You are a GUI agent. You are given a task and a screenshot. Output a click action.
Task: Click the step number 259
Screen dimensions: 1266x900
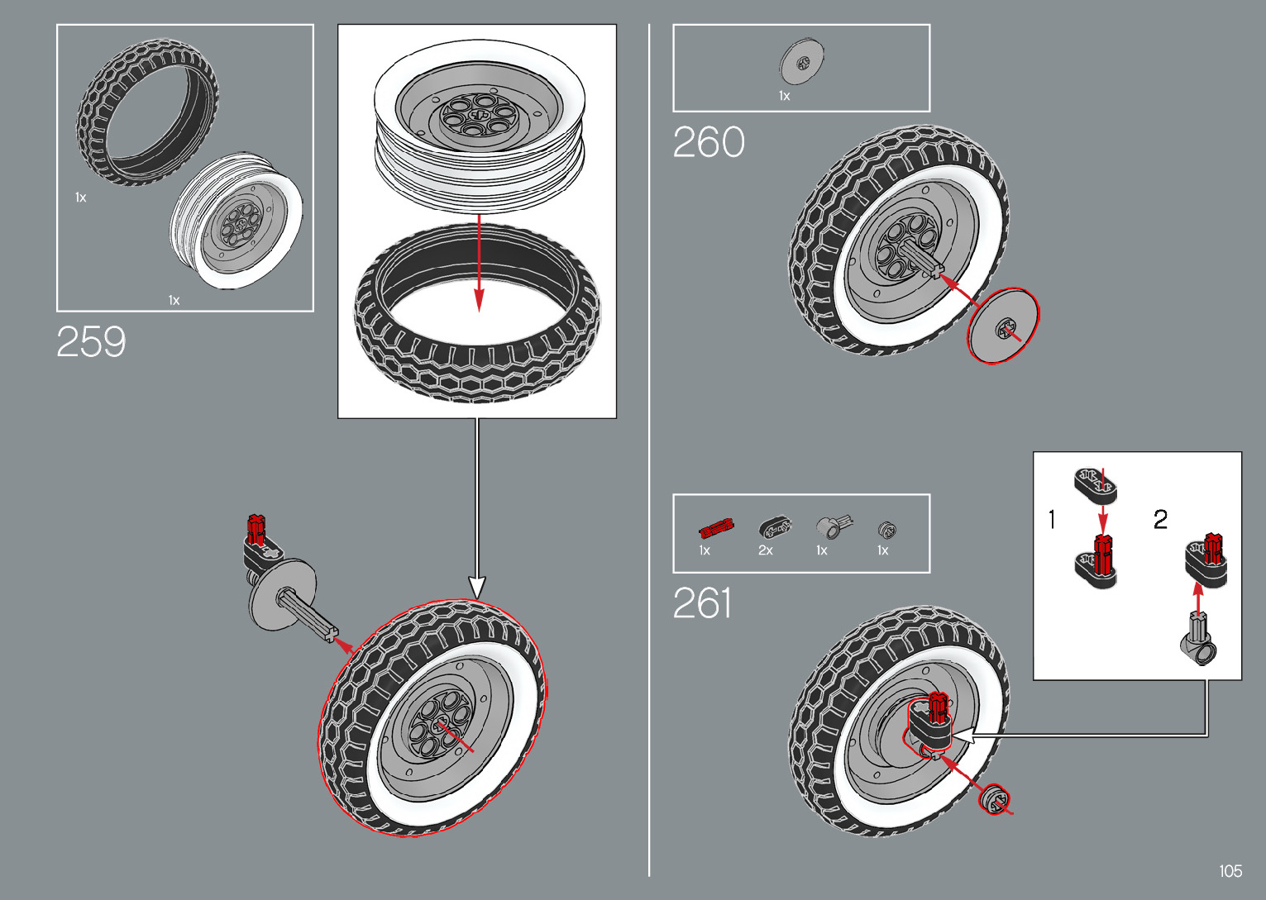pyautogui.click(x=91, y=342)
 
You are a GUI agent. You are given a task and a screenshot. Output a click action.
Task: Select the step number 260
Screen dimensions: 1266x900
pyautogui.click(x=709, y=142)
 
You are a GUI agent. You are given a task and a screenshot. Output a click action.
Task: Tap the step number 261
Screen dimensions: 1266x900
pyautogui.click(x=702, y=603)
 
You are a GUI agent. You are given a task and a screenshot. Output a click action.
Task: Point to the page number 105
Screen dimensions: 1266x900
pyautogui.click(x=1230, y=871)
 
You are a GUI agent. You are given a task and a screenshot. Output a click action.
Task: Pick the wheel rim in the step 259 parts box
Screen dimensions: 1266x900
pyautogui.click(x=236, y=221)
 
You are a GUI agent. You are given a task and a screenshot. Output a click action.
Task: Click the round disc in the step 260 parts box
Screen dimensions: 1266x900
pyautogui.click(x=801, y=62)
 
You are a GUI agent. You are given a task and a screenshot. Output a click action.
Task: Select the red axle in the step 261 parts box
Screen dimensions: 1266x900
pyautogui.click(x=715, y=528)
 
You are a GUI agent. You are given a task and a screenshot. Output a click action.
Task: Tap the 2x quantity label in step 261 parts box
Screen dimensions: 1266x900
pyautogui.click(x=766, y=550)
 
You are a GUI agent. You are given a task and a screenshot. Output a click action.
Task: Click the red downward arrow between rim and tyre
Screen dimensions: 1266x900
pyautogui.click(x=479, y=264)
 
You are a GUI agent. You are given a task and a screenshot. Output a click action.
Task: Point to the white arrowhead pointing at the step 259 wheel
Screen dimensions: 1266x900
pyautogui.click(x=477, y=587)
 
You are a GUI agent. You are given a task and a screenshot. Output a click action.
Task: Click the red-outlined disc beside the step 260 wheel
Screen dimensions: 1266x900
pyautogui.click(x=1003, y=326)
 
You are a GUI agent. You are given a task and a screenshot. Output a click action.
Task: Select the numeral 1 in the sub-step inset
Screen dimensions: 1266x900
pyautogui.click(x=1052, y=520)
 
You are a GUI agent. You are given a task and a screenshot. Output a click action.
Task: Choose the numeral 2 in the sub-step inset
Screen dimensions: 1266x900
pyautogui.click(x=1160, y=520)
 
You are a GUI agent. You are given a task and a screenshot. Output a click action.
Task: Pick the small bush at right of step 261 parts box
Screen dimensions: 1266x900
pyautogui.click(x=886, y=529)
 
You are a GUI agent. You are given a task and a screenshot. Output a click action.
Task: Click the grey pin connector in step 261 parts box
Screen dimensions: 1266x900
pyautogui.click(x=829, y=527)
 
